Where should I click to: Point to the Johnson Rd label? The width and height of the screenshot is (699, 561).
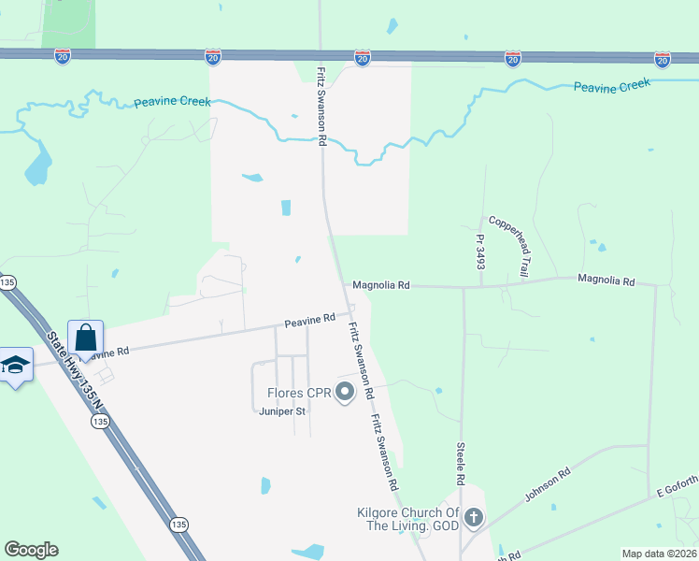[547, 484]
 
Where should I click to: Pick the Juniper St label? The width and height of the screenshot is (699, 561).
[282, 410]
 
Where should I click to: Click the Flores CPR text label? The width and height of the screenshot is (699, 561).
[299, 393]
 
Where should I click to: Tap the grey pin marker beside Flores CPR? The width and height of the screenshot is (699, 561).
[346, 393]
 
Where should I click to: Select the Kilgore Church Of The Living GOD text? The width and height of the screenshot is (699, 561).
[409, 519]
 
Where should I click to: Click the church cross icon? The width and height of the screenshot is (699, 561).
[474, 517]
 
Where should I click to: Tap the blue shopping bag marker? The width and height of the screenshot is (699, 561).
[86, 338]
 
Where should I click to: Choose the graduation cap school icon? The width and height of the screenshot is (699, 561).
[15, 364]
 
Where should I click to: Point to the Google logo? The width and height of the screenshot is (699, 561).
[31, 549]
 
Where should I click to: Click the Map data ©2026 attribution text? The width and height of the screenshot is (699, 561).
[659, 554]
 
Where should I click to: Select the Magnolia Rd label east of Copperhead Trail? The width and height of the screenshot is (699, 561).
[606, 280]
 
